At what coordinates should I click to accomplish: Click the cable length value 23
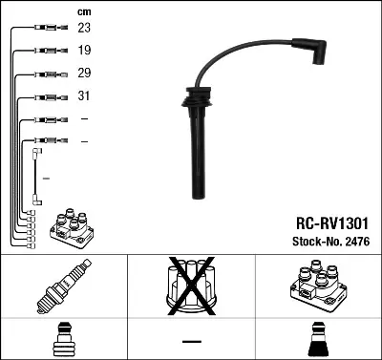pos(84,29)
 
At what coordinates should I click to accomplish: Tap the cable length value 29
pos(84,74)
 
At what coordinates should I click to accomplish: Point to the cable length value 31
pos(84,96)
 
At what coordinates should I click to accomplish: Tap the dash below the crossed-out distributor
pos(191,342)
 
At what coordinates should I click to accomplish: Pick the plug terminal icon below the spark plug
pos(63,340)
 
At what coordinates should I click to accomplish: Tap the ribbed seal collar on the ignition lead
pos(194,99)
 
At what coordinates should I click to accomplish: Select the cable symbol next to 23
pos(44,29)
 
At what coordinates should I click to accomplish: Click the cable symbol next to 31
pos(44,96)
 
